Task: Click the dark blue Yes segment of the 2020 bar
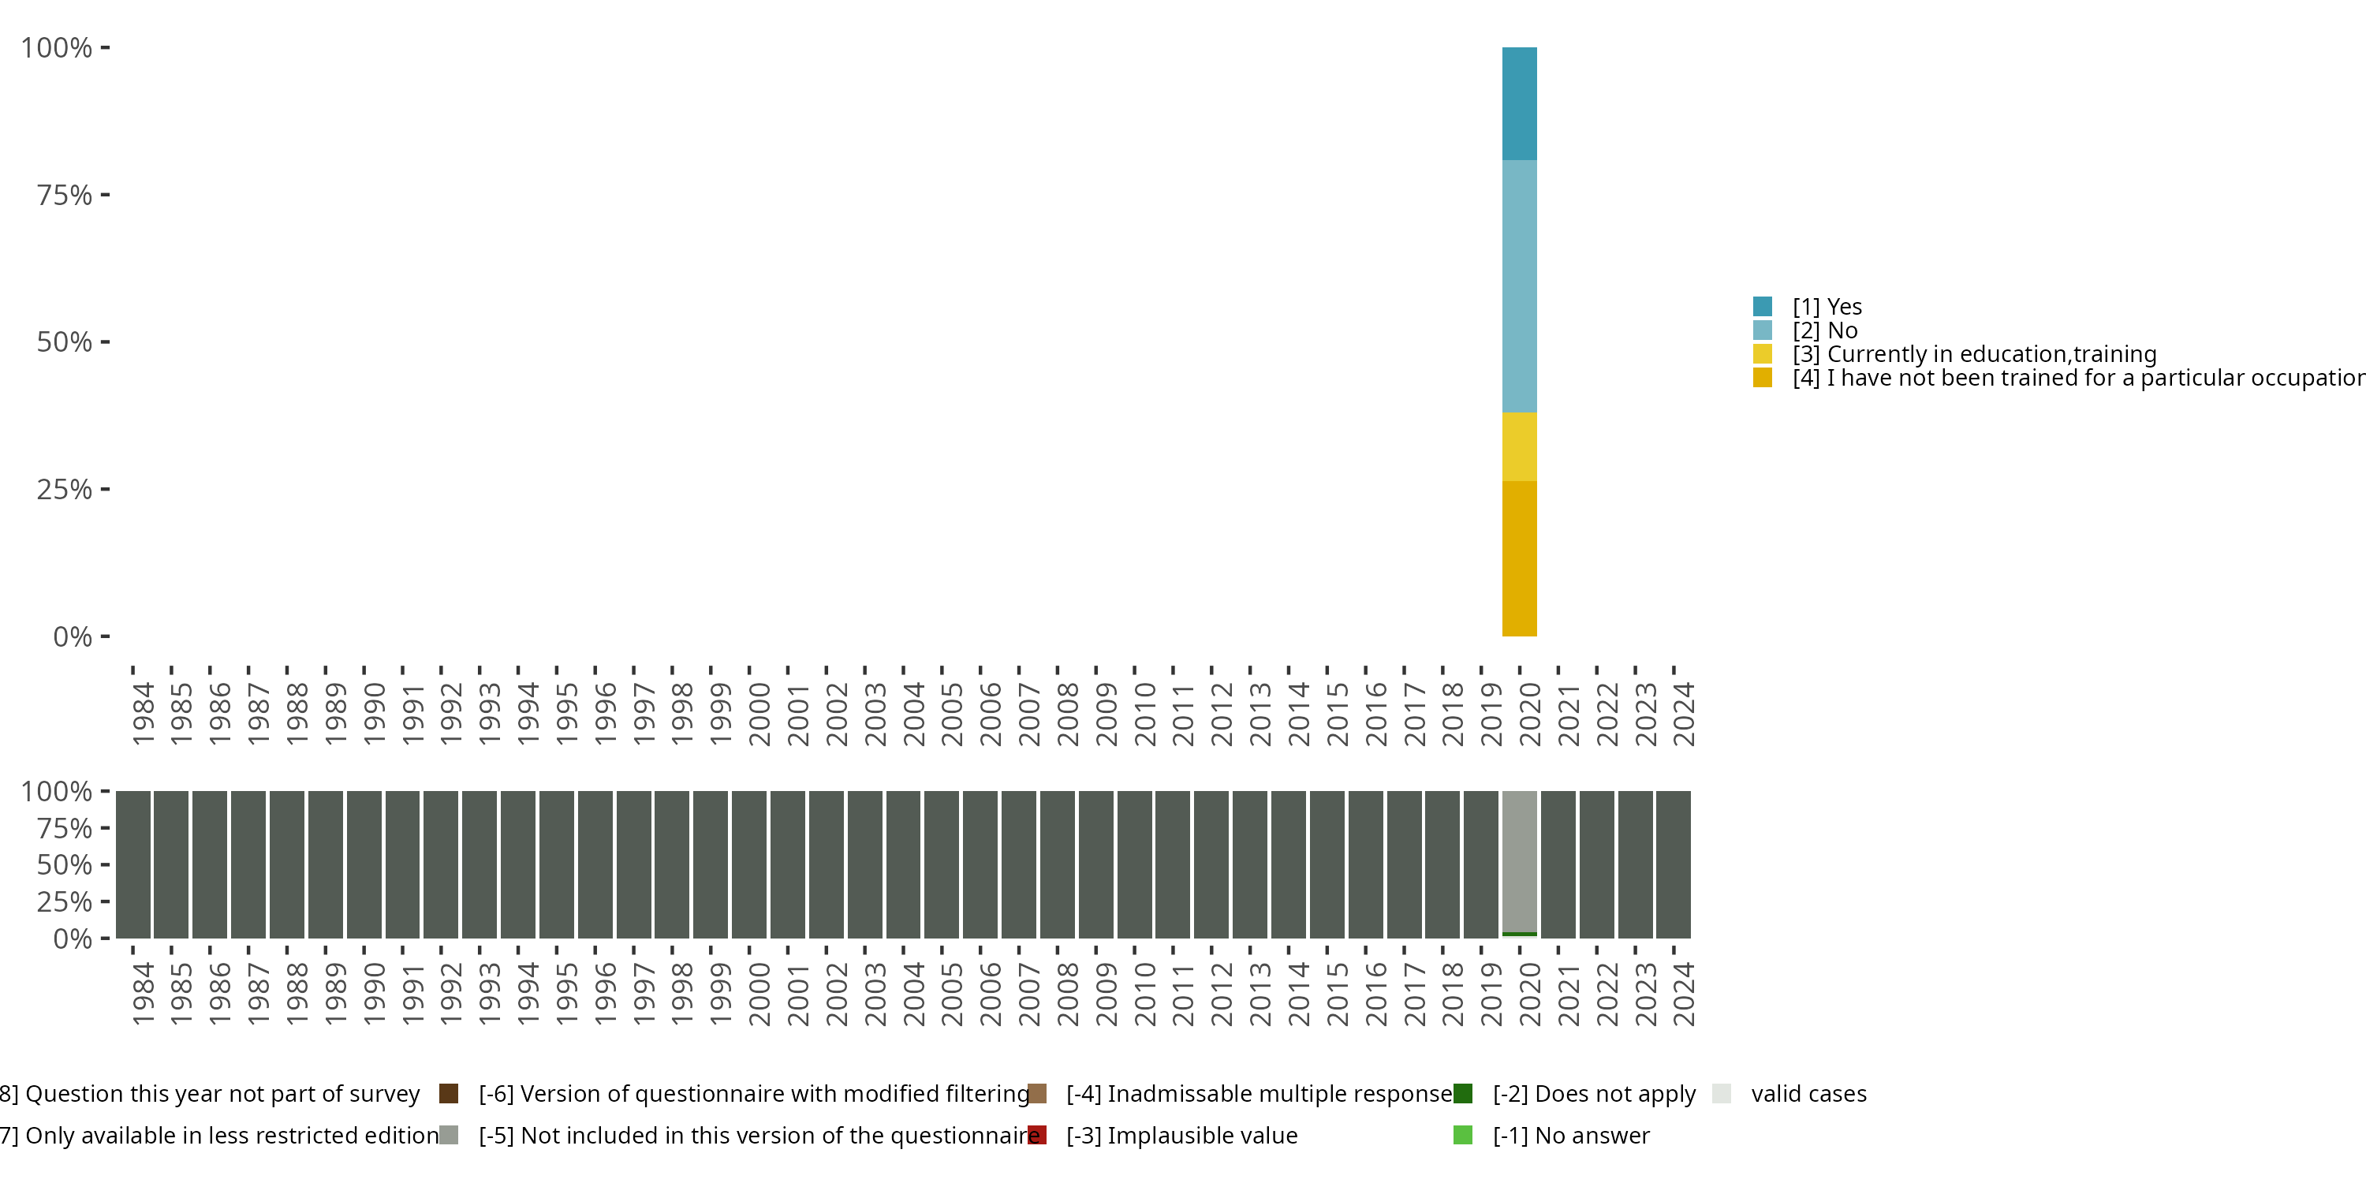click(x=1519, y=104)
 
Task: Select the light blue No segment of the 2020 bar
click(x=1519, y=286)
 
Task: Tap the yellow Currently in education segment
click(x=1519, y=447)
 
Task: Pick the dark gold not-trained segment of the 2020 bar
click(x=1519, y=558)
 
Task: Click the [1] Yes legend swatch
click(x=1762, y=307)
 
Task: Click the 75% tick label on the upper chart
click(x=65, y=195)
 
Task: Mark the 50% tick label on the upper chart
click(x=65, y=342)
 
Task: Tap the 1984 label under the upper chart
click(x=143, y=714)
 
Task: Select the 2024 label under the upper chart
click(x=1683, y=714)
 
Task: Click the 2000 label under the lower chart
click(x=759, y=994)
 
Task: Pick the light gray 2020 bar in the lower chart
click(x=1519, y=861)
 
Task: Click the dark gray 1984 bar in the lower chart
click(x=133, y=864)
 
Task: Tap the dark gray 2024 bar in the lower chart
click(x=1674, y=864)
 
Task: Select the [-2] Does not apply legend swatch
click(x=1463, y=1093)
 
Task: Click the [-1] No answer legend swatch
click(x=1463, y=1135)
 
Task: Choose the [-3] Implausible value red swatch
click(x=1037, y=1135)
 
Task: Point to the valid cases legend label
click(x=1808, y=1094)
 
